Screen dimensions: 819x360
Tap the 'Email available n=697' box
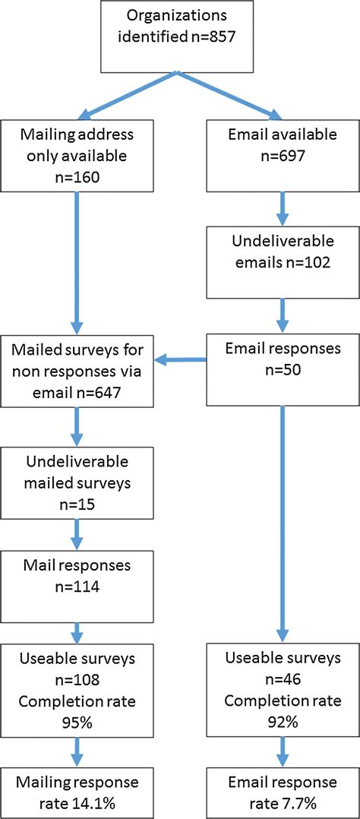(x=282, y=155)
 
